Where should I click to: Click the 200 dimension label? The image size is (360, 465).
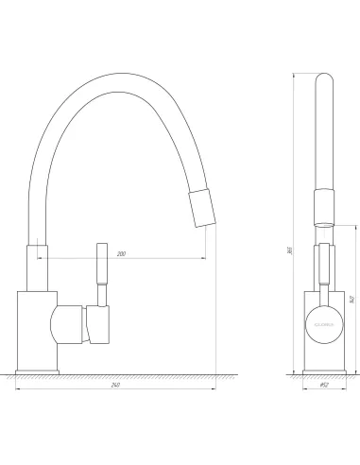click(x=122, y=254)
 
